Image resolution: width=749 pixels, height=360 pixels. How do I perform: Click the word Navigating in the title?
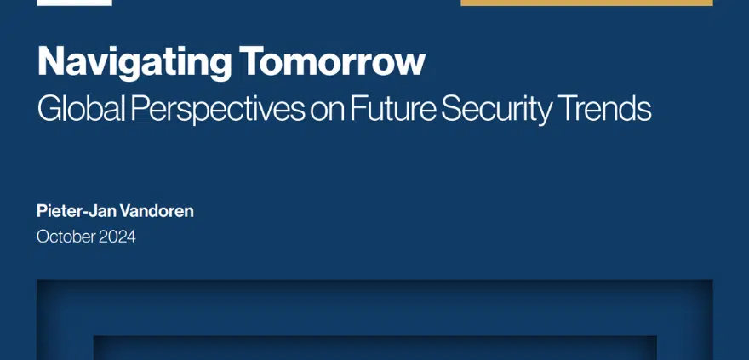[134, 63]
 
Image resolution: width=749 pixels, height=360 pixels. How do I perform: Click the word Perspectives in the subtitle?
[217, 110]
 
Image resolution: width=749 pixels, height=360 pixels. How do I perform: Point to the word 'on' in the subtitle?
[327, 112]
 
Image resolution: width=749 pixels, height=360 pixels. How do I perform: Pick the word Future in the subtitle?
[392, 109]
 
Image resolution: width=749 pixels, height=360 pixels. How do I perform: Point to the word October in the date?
[66, 237]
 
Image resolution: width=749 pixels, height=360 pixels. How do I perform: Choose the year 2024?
[117, 237]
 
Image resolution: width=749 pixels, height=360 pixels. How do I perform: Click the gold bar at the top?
[586, 3]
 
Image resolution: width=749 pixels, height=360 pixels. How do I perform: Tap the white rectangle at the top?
[75, 3]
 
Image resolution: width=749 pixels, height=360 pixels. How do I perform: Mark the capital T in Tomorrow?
[252, 61]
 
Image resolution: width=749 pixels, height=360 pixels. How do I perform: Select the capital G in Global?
[49, 109]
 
